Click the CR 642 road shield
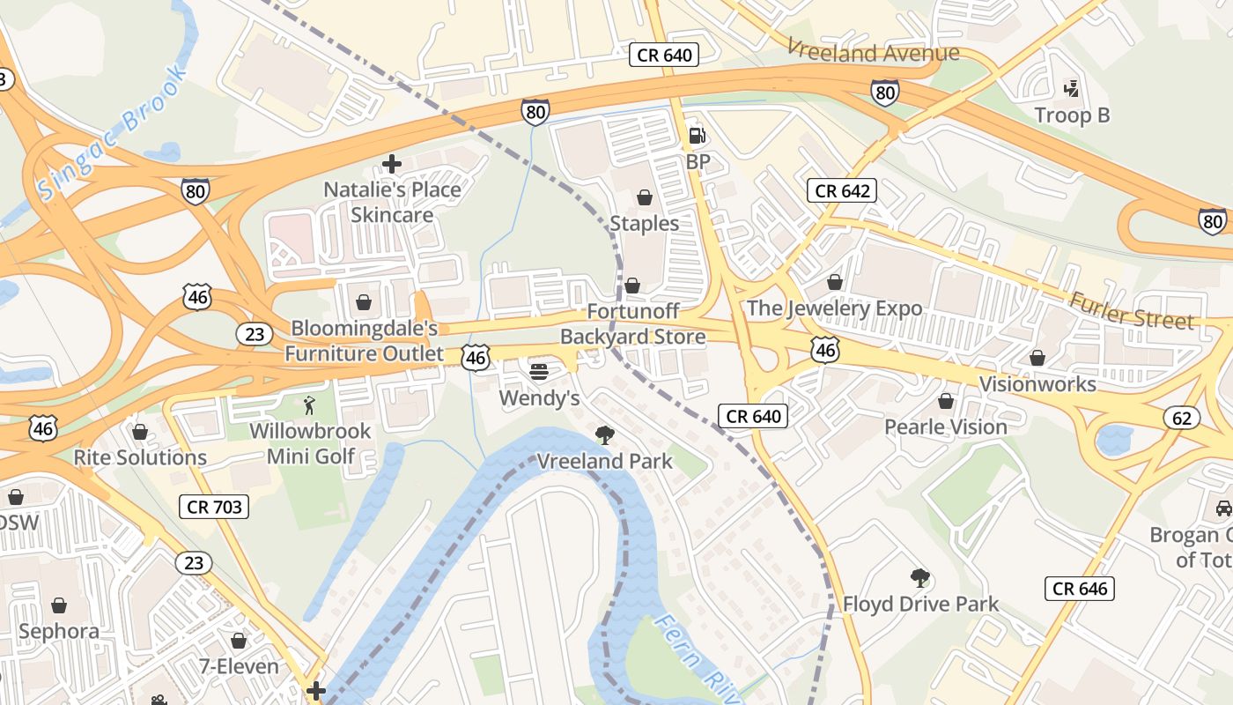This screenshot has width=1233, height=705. point(842,190)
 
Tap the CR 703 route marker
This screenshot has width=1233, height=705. point(213,507)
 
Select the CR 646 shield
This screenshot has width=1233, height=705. point(1080,589)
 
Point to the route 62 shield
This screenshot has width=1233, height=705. point(1181,417)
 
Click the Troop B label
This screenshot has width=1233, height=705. point(1072,115)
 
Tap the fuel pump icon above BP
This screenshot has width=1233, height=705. point(697,136)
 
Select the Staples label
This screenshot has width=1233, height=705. point(645,224)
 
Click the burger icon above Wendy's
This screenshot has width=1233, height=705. point(539,372)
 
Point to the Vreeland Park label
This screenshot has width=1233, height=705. point(605,461)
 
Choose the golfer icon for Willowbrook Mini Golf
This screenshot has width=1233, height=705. point(309,405)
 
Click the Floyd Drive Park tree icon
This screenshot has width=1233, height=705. point(920,578)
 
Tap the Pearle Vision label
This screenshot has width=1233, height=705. point(946,427)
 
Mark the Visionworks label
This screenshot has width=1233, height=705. point(1037,384)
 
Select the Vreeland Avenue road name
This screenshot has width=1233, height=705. point(872,52)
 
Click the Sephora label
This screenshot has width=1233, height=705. point(59,632)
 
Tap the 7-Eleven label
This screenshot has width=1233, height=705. point(239,666)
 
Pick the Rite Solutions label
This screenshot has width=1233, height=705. point(140,457)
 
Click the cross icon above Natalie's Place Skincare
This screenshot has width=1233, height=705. point(392,164)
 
